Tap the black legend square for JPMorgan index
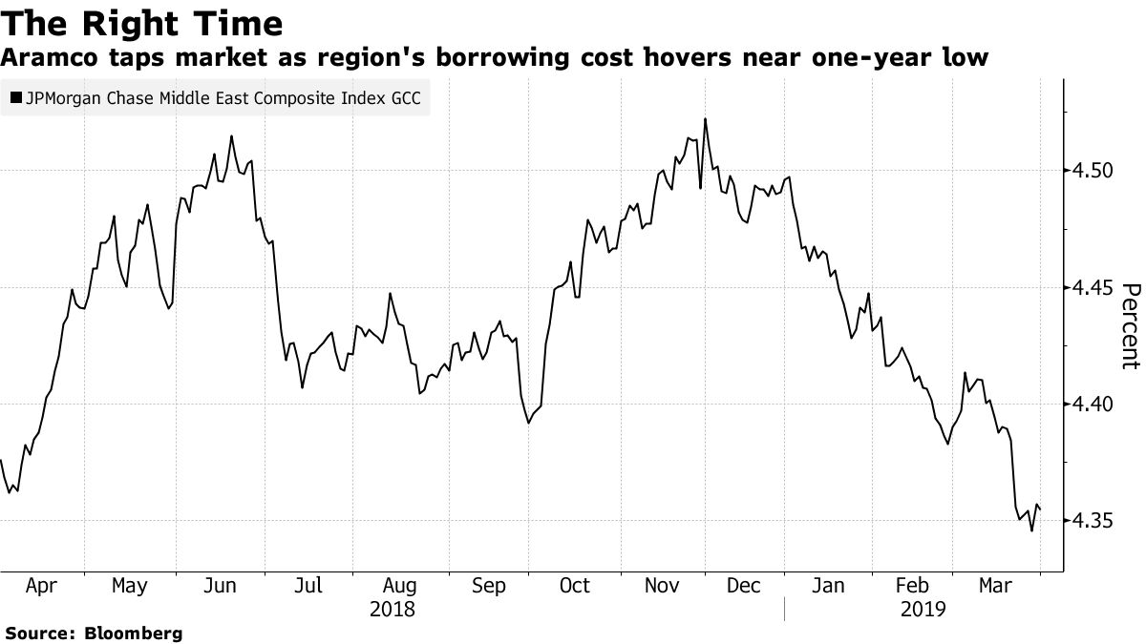click(14, 97)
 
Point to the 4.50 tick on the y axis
click(1089, 171)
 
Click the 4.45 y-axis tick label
click(1089, 287)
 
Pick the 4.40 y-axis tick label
click(1089, 404)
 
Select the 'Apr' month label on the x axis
click(41, 586)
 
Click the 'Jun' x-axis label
click(221, 586)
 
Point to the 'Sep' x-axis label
click(488, 586)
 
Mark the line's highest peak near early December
click(705, 118)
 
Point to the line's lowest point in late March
click(1031, 530)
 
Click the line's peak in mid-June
click(231, 135)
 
